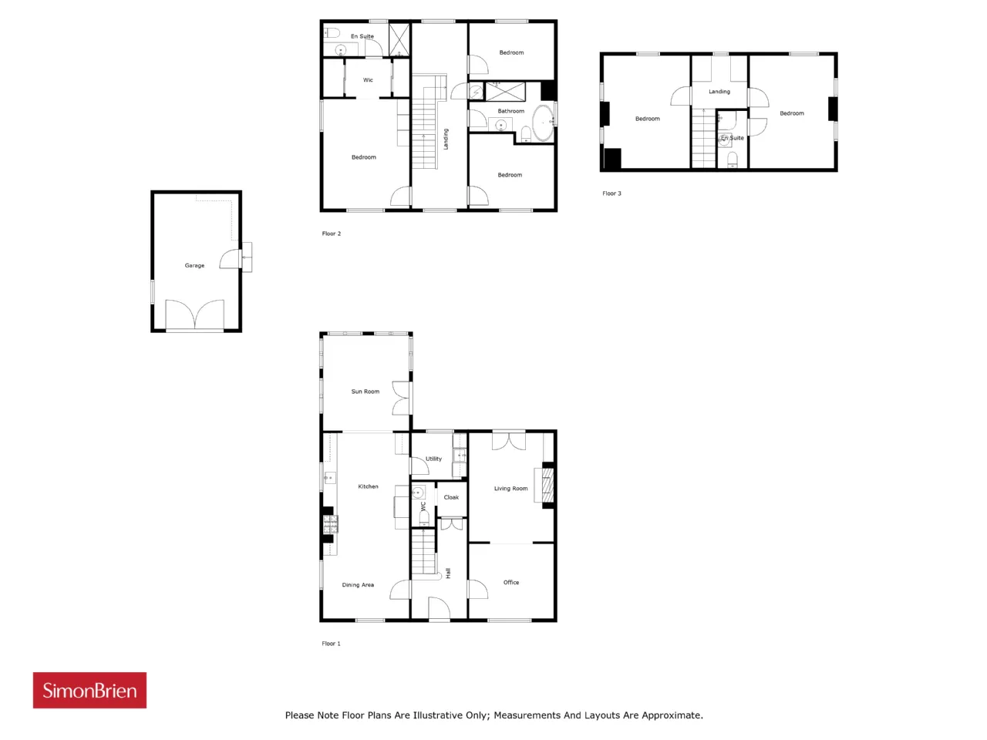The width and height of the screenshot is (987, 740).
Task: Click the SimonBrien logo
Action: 89,690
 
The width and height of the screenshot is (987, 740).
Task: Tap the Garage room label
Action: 194,265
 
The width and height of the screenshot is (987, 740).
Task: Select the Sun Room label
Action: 365,392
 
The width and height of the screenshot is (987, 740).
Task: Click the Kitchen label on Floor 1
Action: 368,486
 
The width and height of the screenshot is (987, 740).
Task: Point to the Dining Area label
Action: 358,584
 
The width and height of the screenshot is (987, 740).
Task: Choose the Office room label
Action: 510,582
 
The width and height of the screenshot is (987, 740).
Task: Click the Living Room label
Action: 510,489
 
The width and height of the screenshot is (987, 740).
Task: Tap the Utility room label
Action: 433,459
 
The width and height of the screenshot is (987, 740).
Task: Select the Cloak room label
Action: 451,497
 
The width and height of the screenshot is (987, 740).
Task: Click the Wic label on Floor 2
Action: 368,80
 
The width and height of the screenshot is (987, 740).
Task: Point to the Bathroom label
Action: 510,111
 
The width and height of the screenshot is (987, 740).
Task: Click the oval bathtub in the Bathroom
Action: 543,123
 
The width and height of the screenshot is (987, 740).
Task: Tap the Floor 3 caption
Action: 611,193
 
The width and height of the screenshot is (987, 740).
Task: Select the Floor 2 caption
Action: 332,234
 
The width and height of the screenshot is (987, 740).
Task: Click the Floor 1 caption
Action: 331,644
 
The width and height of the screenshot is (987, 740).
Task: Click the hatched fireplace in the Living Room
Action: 547,486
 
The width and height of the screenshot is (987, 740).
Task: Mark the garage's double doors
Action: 195,315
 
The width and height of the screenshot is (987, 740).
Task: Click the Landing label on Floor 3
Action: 719,92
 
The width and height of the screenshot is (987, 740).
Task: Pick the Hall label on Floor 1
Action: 448,573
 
